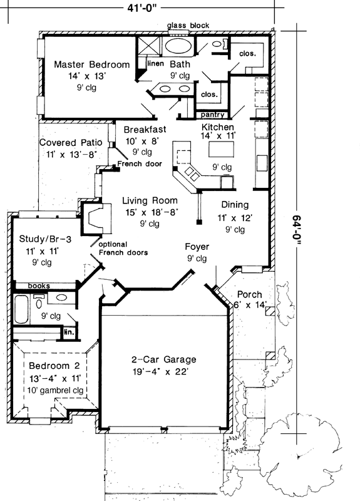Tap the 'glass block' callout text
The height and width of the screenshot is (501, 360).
tap(188, 26)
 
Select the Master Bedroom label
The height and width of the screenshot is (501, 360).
tap(91, 65)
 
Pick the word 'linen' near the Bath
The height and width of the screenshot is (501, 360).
tap(155, 64)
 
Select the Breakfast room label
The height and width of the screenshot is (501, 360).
tap(143, 129)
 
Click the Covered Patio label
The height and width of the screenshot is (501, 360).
tap(67, 143)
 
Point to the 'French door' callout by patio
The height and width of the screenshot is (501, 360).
tap(140, 164)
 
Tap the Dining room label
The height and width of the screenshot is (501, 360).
tap(235, 205)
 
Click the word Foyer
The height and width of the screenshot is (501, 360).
tap(197, 247)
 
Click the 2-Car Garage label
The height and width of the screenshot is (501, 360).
tap(163, 359)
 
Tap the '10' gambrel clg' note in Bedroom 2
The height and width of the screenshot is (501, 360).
tap(55, 390)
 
